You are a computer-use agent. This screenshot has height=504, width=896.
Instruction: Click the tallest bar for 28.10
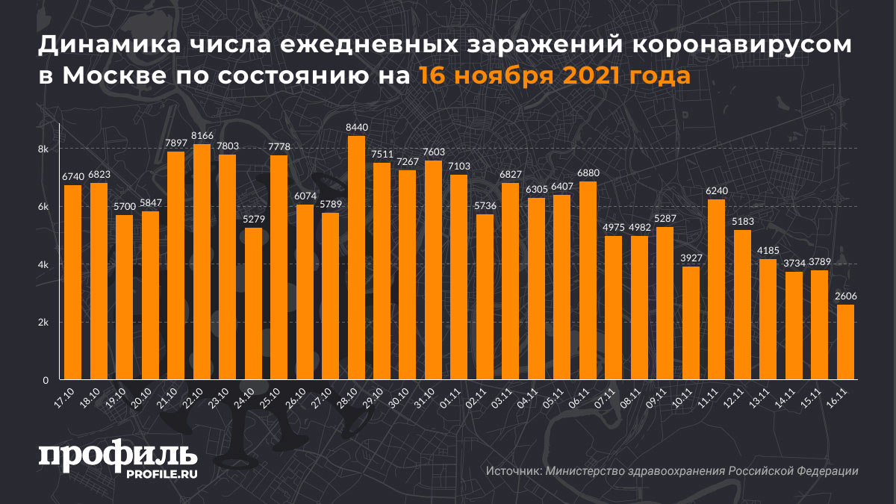point(356,258)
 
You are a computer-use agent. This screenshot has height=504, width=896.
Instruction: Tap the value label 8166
point(202,135)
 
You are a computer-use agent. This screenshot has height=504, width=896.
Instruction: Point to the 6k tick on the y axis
point(43,207)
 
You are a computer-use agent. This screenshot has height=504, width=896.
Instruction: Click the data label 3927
point(691,258)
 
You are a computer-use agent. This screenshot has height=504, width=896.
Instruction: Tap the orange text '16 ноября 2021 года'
point(553,76)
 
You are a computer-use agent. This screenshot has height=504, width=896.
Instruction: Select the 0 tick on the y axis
point(46,380)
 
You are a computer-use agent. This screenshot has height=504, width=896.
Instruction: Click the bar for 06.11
point(588,280)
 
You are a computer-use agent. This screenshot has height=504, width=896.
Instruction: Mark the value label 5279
point(253,219)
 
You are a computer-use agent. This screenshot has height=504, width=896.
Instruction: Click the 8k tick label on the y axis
point(43,149)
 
